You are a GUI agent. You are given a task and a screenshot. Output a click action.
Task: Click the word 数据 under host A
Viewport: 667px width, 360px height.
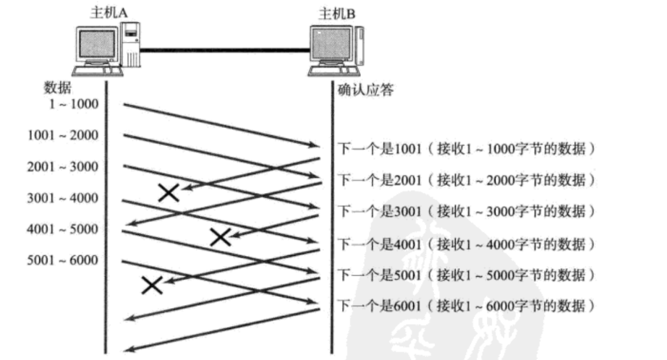click(58, 87)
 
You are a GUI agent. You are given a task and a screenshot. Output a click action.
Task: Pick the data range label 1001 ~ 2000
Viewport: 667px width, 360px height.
click(63, 135)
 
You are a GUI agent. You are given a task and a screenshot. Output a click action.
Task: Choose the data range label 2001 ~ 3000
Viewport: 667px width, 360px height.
click(63, 167)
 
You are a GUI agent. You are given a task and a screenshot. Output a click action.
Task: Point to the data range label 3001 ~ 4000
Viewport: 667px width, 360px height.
click(63, 198)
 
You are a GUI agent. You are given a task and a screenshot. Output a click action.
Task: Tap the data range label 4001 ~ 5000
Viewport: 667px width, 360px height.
click(63, 230)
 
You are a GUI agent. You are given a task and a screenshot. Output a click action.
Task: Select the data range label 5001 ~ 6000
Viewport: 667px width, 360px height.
click(63, 261)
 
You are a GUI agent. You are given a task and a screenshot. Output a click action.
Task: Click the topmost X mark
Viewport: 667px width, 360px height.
click(169, 191)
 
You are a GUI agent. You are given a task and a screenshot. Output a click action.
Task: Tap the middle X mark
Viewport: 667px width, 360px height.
click(220, 236)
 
